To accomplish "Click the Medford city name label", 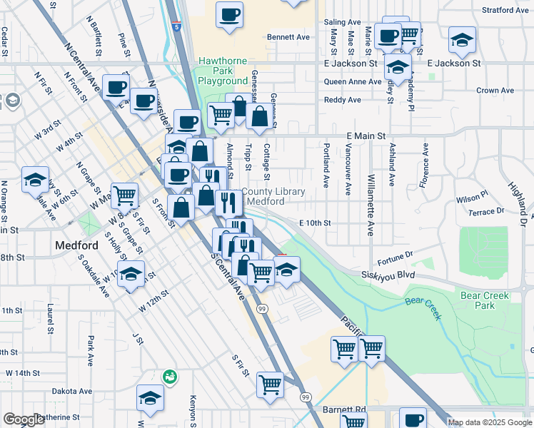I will click(x=75, y=247).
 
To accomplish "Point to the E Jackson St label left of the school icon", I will click(x=352, y=63).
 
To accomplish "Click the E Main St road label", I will click(x=366, y=136).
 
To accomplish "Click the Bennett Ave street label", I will click(x=288, y=37).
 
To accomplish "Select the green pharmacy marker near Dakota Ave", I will click(x=169, y=375).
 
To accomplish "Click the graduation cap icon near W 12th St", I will click(x=131, y=274).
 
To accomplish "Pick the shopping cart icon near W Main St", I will click(x=124, y=193).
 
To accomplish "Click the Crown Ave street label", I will click(x=495, y=91).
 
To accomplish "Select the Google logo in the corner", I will click(x=24, y=419).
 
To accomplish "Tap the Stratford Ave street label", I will click(x=505, y=11).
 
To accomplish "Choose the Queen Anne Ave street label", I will click(x=353, y=81).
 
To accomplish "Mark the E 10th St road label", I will click(x=315, y=223).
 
